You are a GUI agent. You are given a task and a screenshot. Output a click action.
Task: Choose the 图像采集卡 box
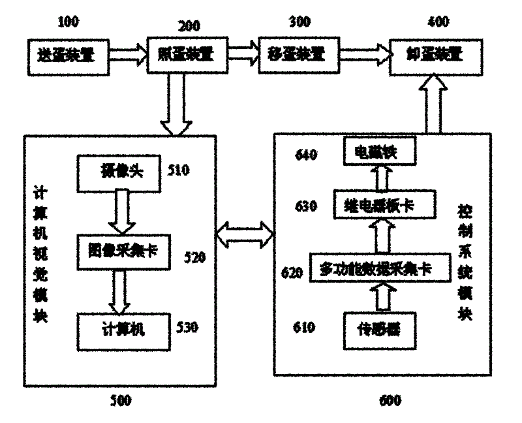click(x=120, y=249)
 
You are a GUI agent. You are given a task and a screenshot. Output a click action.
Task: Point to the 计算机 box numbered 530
click(x=120, y=327)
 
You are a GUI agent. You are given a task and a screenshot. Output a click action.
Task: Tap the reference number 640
click(x=305, y=155)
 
